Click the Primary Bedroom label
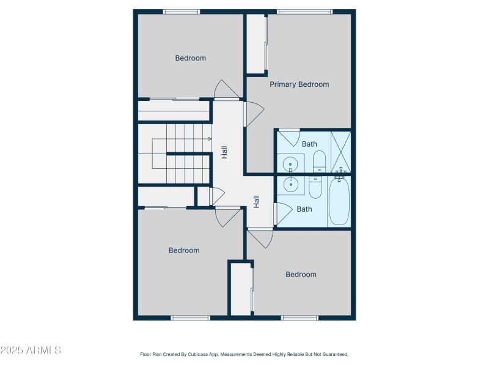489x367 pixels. click(x=300, y=84)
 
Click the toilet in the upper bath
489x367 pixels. click(x=319, y=161)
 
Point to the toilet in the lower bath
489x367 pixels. click(x=315, y=187)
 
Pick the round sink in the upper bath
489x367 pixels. click(x=291, y=164)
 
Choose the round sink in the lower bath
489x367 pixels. click(x=291, y=182)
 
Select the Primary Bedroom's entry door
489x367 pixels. click(x=253, y=113)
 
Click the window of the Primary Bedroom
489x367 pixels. click(x=304, y=12)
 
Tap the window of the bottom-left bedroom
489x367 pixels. click(x=190, y=317)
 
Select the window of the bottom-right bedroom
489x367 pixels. click(x=300, y=317)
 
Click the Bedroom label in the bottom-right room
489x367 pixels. click(x=301, y=275)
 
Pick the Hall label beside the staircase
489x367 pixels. click(x=224, y=152)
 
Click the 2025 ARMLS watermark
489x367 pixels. click(x=31, y=350)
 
